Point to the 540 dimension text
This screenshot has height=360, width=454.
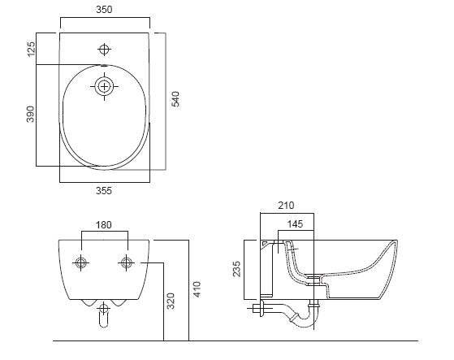(175, 99)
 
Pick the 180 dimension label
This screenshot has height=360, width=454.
(104, 225)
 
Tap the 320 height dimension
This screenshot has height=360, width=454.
(170, 301)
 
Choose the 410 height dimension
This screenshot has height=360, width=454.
(197, 288)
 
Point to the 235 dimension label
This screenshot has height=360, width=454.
(236, 269)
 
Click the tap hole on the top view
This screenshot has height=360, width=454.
(103, 46)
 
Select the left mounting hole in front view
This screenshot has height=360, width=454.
(81, 262)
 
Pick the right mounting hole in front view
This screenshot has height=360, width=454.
(127, 262)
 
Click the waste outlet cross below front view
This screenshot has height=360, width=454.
(103, 308)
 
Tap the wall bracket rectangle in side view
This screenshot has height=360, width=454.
(265, 268)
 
